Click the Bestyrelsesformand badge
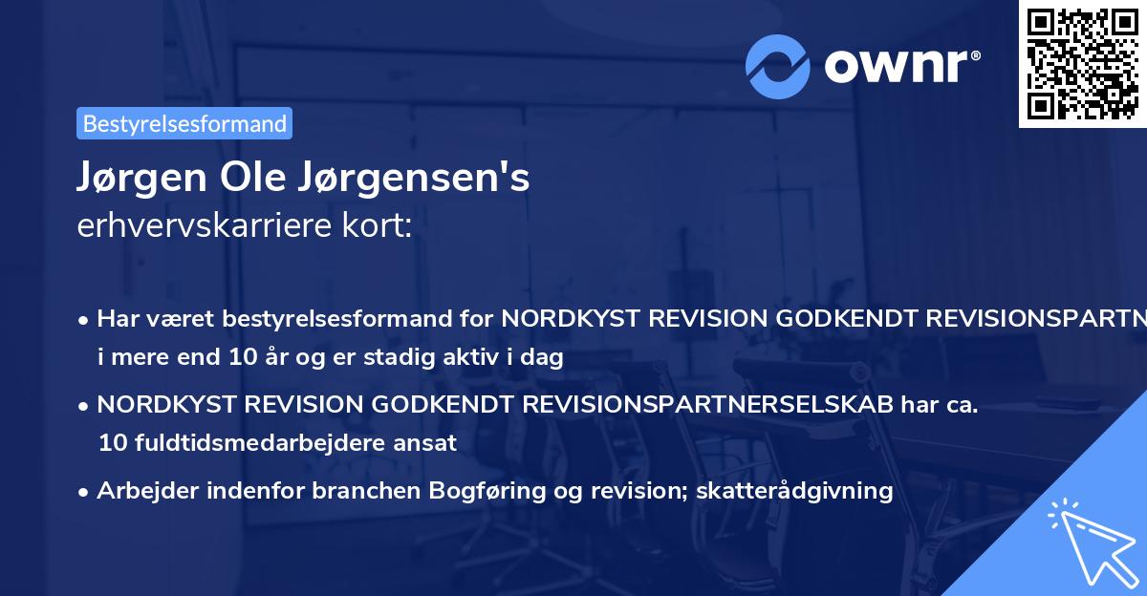[184, 123]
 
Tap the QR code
[1082, 64]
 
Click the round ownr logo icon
[778, 66]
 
